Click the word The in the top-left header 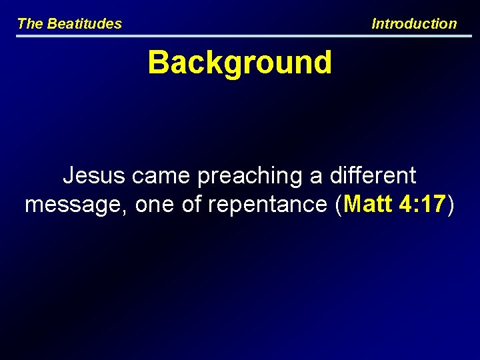[x=30, y=24]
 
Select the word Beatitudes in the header [x=85, y=24]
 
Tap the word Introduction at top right [x=414, y=24]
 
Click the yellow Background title [x=239, y=63]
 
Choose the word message [x=75, y=205]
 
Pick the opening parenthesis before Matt [x=340, y=205]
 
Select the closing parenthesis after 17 [x=451, y=205]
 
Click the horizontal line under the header [x=239, y=35]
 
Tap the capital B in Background [x=158, y=63]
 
